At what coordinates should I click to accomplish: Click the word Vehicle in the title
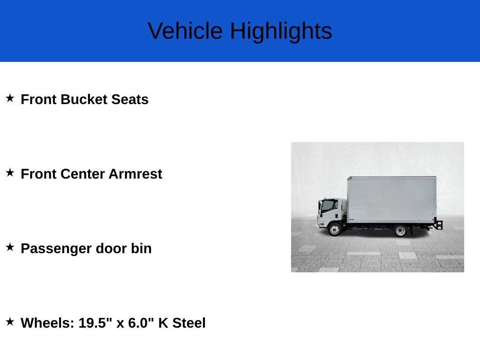185,30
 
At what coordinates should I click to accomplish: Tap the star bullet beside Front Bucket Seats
10,98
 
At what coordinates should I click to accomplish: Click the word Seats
130,99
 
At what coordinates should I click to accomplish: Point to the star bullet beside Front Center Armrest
10,172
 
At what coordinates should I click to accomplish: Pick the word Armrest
135,174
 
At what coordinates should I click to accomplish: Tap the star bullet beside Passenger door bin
10,247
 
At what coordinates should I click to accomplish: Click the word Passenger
56,249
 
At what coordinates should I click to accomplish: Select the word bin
141,248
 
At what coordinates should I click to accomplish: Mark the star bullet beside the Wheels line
10,322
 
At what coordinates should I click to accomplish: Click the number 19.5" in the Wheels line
95,323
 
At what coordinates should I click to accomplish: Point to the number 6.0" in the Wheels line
141,323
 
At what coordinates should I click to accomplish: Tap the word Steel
189,323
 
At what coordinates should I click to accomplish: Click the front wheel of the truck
335,229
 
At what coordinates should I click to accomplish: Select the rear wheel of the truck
400,231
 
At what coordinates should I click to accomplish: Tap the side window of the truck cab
330,206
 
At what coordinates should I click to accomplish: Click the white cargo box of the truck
392,200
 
